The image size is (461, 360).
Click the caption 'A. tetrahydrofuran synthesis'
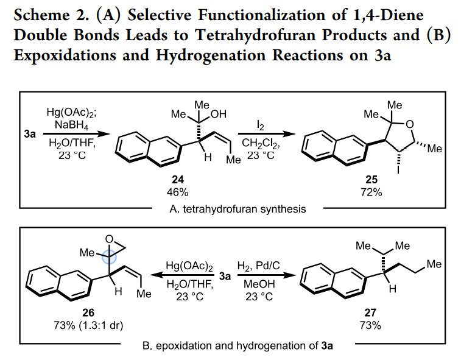[239, 209]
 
